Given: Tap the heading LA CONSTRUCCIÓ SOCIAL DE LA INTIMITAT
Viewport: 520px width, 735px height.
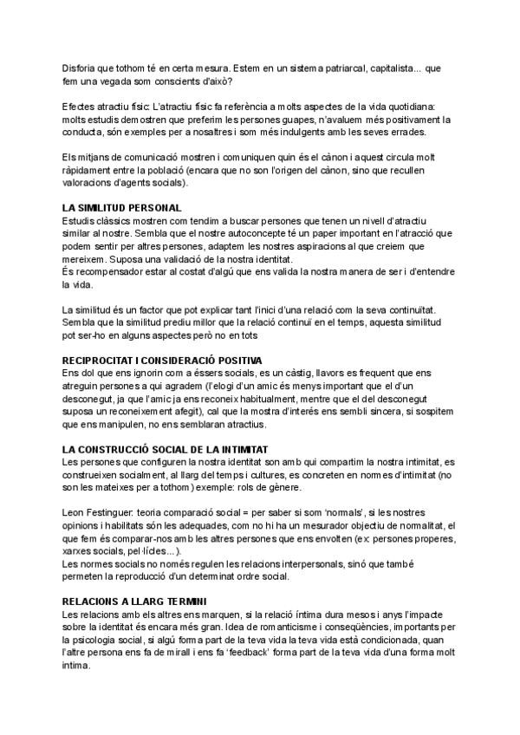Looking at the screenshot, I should [x=166, y=449].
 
